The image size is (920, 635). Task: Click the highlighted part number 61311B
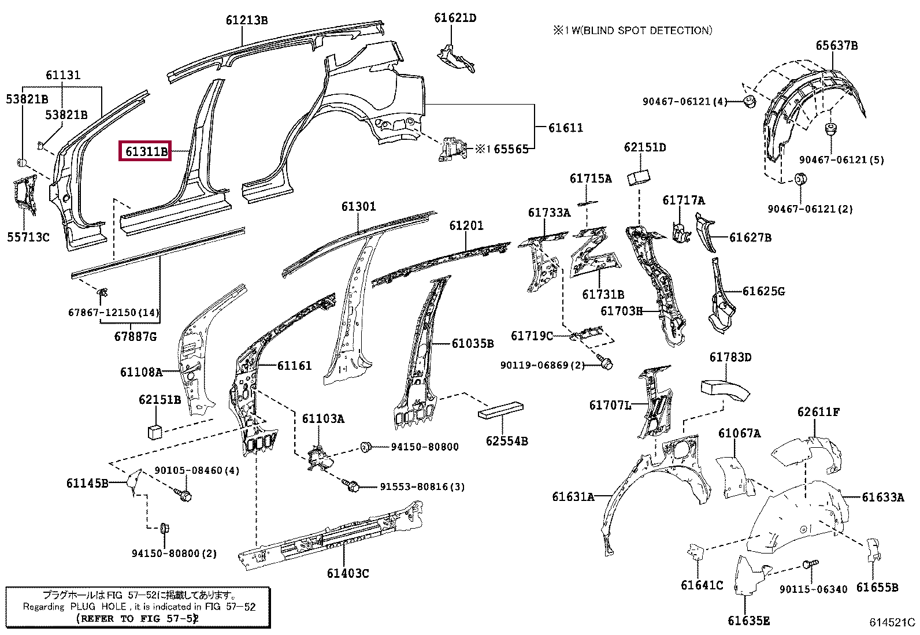point(145,151)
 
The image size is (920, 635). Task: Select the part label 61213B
point(247,20)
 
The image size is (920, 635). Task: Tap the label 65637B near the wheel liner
point(836,45)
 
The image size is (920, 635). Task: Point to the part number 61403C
point(347,573)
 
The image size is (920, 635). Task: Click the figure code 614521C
point(892,622)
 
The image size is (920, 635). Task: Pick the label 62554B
point(507,441)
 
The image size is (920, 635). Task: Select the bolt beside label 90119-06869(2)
point(606,363)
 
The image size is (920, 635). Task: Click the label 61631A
point(573,496)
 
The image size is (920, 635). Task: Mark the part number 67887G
point(135,336)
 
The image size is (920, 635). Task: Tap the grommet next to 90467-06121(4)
point(750,102)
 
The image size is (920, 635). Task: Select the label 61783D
point(730,357)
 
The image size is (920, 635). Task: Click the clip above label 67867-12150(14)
point(103,292)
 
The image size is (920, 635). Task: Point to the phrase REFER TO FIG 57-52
point(138,618)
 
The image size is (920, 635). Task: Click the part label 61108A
point(141,372)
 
